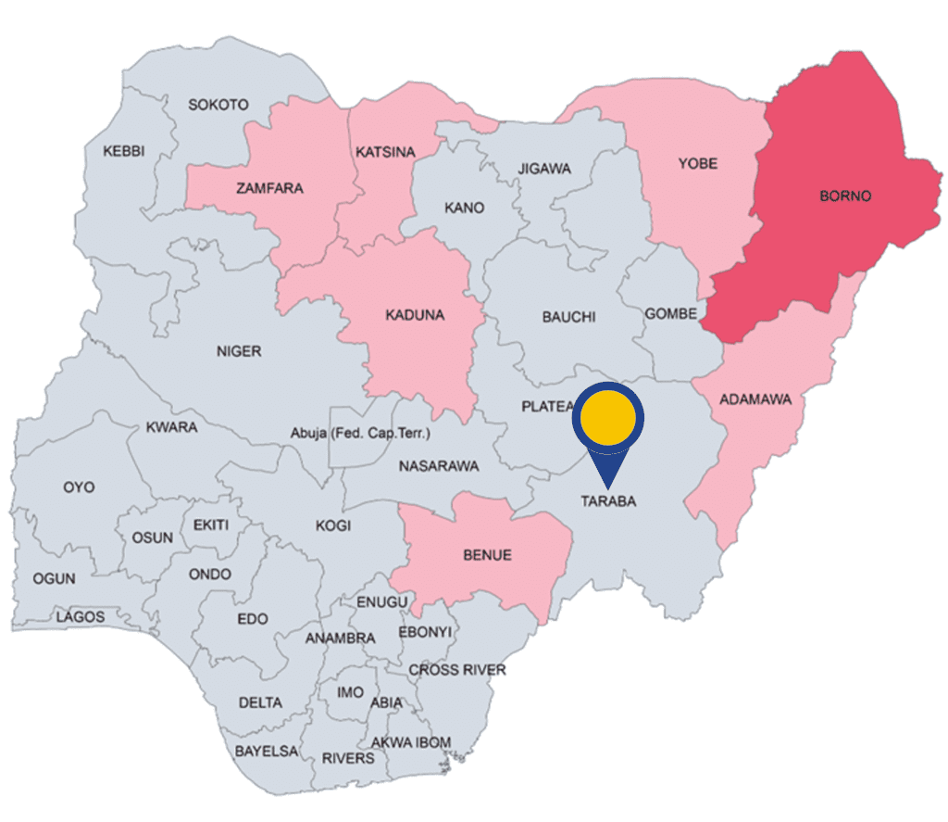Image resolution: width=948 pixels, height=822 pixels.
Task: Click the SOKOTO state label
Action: (x=218, y=105)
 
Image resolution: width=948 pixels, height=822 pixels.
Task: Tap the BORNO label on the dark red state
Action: (x=845, y=196)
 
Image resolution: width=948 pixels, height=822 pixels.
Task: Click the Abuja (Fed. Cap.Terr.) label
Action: (x=361, y=433)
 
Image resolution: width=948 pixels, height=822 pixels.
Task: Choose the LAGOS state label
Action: (x=80, y=616)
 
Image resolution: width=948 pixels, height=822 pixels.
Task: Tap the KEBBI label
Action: (x=124, y=151)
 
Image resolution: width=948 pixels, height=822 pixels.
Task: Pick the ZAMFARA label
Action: (x=269, y=188)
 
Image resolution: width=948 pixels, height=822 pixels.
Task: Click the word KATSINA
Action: (x=385, y=151)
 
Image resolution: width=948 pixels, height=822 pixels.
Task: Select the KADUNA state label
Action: (x=414, y=315)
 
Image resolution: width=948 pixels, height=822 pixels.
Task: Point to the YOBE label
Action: (x=698, y=164)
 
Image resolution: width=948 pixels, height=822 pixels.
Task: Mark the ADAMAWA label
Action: (x=755, y=399)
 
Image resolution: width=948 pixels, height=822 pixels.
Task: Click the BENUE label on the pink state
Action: (x=486, y=556)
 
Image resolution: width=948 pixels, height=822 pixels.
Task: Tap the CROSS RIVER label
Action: (x=457, y=669)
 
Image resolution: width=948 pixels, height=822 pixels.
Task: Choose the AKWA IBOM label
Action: (x=411, y=742)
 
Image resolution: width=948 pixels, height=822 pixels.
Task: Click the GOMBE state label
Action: (x=671, y=314)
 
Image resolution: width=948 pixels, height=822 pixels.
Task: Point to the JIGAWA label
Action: (x=544, y=169)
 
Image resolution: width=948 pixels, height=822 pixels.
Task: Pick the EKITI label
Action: (x=210, y=525)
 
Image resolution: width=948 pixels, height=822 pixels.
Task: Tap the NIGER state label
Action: (x=239, y=351)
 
